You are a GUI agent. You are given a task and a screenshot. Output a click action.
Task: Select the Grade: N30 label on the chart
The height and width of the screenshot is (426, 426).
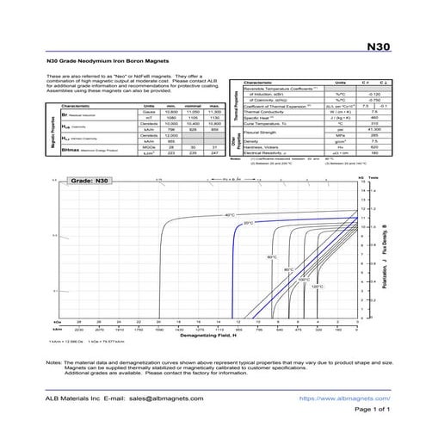coord(85,182)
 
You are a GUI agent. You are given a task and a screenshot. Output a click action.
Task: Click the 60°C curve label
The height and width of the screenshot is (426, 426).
coord(271,257)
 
